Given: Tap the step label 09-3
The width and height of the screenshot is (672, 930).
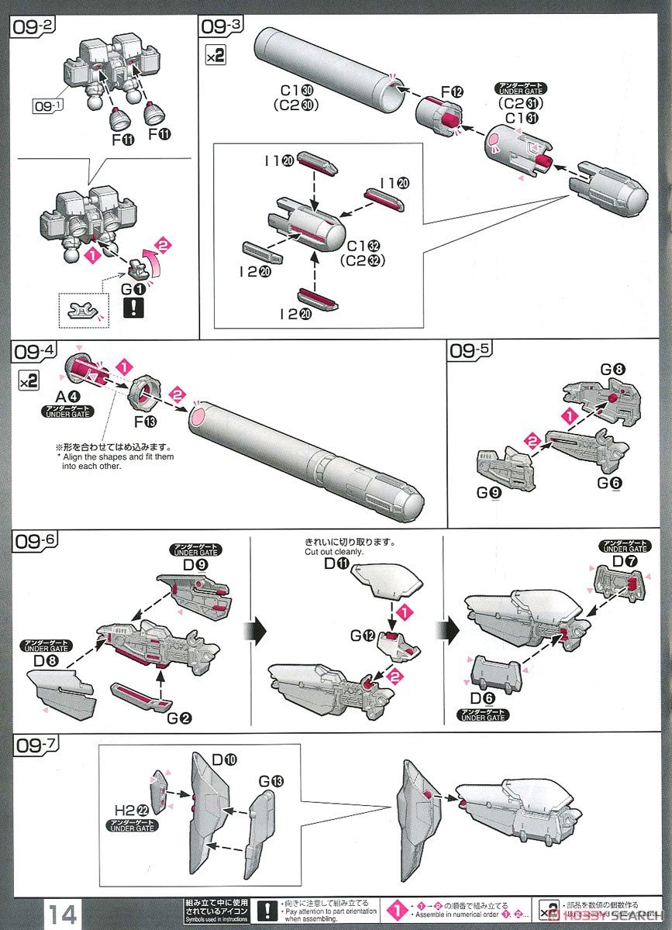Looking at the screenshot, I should tap(221, 25).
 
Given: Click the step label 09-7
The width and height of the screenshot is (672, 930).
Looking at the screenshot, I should tap(36, 747).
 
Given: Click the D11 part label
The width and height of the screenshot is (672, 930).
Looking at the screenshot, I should tap(336, 563).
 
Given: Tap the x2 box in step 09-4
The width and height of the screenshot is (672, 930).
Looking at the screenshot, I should tap(25, 379).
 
